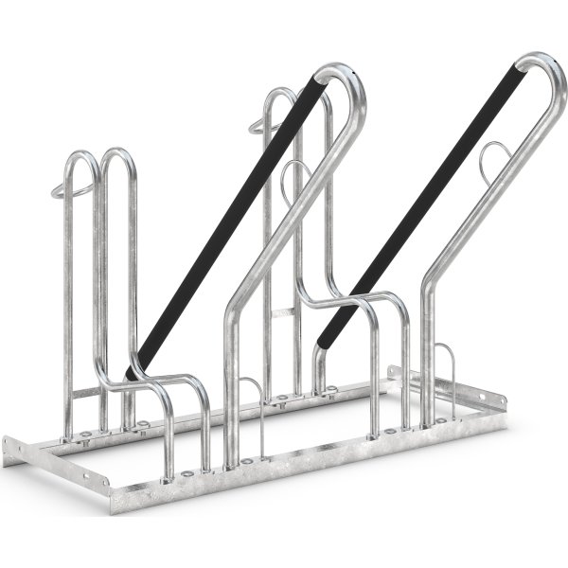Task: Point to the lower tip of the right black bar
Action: [322, 336]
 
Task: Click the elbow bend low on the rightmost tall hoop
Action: [428, 275]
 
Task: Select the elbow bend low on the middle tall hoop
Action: [233, 312]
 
